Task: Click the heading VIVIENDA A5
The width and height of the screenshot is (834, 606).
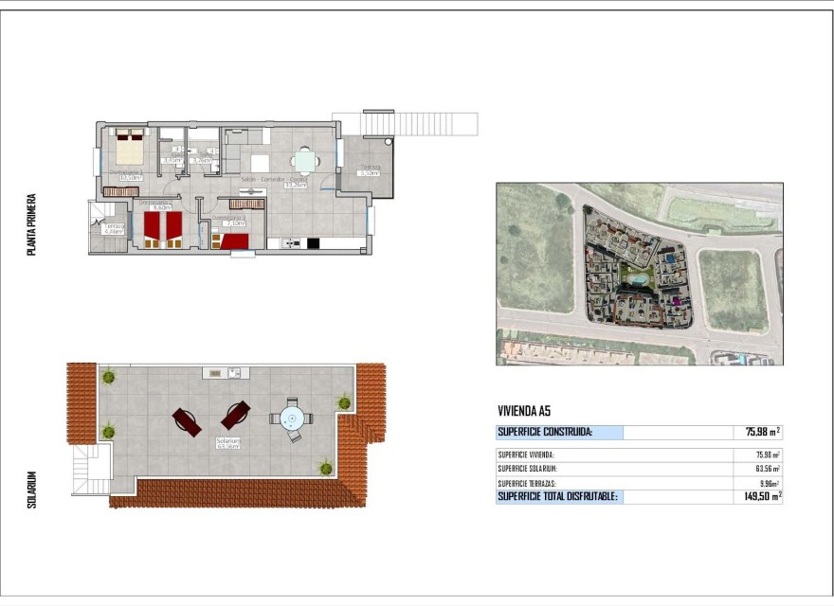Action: (x=524, y=411)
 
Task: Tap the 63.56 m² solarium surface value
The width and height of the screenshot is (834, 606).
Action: (x=768, y=469)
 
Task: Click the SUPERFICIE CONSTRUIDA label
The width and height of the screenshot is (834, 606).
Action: (x=546, y=433)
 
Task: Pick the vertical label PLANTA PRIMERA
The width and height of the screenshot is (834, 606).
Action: (x=31, y=225)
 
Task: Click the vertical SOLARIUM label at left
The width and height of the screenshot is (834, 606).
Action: (x=31, y=490)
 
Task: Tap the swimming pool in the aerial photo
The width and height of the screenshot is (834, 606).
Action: (x=639, y=280)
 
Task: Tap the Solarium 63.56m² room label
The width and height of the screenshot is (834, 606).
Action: (x=227, y=443)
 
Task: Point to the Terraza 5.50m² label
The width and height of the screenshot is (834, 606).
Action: (x=368, y=171)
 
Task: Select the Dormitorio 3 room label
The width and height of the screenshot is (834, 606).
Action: (x=228, y=220)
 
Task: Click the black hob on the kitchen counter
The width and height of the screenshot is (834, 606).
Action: (x=314, y=243)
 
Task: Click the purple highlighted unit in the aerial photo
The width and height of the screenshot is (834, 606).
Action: (x=676, y=301)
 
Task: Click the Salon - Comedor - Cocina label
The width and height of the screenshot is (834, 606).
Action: (x=274, y=179)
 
